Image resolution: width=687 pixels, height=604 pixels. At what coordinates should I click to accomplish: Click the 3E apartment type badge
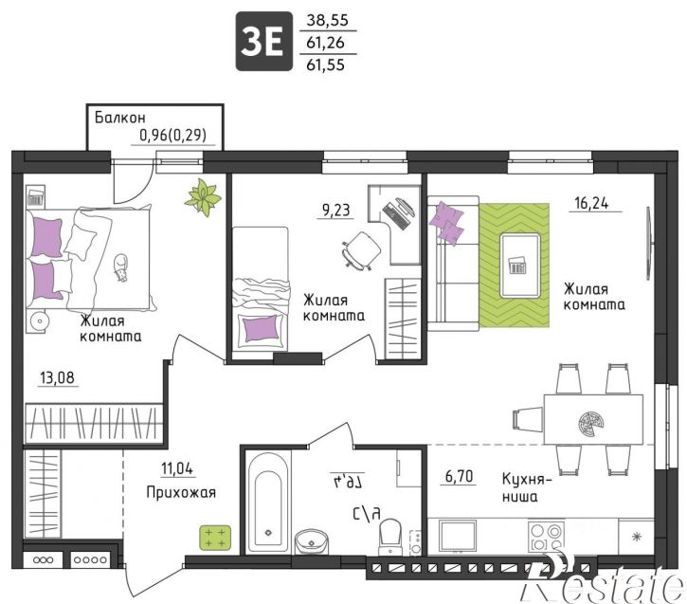(x=264, y=41)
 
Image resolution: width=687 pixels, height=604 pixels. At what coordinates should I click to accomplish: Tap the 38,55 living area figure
(x=327, y=20)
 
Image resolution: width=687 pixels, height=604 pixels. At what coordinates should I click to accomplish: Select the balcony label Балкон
(x=120, y=118)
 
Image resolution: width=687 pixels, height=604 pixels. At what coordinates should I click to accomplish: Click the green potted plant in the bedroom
(x=203, y=197)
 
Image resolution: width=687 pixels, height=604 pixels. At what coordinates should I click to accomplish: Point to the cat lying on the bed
(x=120, y=267)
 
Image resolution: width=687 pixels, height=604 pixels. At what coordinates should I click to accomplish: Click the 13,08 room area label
(x=57, y=377)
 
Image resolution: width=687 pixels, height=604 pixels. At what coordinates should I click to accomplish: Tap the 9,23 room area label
(x=336, y=210)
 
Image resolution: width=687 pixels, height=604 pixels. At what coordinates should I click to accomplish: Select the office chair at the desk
(x=361, y=249)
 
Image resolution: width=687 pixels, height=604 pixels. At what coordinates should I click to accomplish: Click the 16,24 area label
(x=591, y=203)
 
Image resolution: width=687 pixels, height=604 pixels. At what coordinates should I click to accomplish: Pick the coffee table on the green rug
(x=520, y=266)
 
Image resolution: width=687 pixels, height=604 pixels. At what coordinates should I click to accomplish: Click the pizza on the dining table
(x=590, y=424)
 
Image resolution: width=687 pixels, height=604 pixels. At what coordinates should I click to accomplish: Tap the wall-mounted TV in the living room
(x=650, y=243)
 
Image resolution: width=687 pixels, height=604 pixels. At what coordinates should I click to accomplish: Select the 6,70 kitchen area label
(x=460, y=476)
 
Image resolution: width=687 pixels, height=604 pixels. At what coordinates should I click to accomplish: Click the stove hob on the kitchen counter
(x=546, y=537)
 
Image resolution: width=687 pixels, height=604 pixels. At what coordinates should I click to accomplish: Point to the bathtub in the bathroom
(x=268, y=503)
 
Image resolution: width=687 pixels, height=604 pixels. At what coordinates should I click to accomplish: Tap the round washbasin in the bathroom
(x=312, y=542)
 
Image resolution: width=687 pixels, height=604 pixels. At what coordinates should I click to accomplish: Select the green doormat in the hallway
(x=215, y=538)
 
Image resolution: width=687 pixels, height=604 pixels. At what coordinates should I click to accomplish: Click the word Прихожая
(x=181, y=493)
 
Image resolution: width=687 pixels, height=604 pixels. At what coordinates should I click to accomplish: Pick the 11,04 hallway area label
(x=177, y=469)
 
